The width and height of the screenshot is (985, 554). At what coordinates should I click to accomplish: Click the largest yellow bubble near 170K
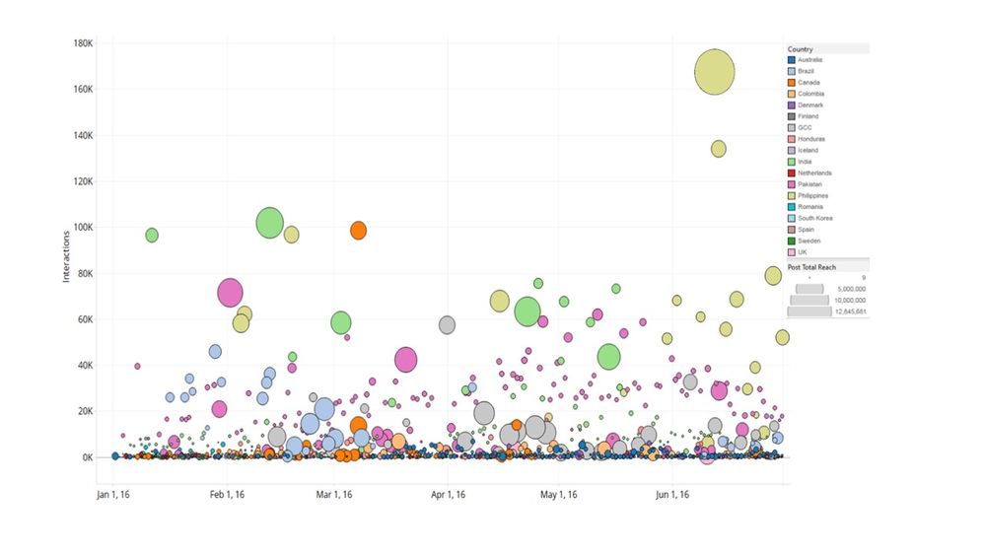715,72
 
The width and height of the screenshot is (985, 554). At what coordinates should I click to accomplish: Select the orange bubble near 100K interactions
358,230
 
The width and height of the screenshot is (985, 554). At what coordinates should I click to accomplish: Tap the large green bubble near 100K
270,224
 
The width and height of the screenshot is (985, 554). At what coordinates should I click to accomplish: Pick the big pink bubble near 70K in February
230,293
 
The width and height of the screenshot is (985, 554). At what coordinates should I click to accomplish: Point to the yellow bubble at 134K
719,149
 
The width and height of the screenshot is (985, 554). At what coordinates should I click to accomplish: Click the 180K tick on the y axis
83,43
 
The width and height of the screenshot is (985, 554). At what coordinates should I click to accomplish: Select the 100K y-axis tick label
83,228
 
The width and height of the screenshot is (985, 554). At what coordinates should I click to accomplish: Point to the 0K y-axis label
87,458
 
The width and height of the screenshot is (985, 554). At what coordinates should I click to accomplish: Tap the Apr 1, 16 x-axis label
448,495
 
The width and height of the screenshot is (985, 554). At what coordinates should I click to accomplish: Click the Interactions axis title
67,252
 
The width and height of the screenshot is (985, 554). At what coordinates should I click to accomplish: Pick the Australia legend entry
810,60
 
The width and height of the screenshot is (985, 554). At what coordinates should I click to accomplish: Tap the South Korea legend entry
814,218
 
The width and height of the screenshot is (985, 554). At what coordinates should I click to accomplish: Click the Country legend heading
801,49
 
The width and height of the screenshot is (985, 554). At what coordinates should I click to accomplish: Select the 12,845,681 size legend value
849,312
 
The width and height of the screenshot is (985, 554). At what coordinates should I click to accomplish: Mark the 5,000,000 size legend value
850,289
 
